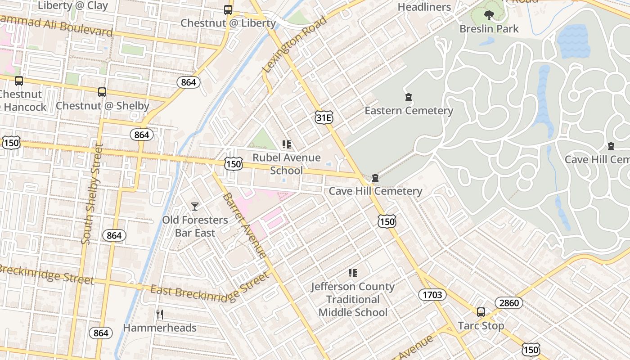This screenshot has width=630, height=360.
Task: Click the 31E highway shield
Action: point(324,117)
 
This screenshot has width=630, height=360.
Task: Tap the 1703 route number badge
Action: point(432,295)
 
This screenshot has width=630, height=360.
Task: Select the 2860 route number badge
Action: point(509,303)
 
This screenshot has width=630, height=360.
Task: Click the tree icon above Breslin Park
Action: point(489,15)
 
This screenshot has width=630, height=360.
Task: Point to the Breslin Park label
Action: point(489,29)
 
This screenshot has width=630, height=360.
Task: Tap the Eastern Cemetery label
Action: point(409,111)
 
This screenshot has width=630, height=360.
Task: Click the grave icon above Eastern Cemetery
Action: point(409,97)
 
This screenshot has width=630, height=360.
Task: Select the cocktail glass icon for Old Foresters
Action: point(195,207)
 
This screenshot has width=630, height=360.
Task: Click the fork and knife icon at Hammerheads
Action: point(159,314)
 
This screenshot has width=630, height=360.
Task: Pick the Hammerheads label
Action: point(160,328)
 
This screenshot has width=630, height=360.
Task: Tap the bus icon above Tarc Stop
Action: point(481,312)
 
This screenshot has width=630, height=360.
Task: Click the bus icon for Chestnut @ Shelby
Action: point(102,92)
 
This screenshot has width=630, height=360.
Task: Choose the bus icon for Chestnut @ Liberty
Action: point(228,9)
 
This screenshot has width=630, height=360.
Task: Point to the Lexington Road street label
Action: point(295,45)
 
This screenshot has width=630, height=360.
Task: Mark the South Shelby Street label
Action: point(92,193)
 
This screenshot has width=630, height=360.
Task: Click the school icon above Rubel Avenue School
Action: point(287,144)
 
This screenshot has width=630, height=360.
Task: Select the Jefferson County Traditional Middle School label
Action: point(353,299)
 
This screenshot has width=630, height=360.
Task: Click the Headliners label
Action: point(424,7)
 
